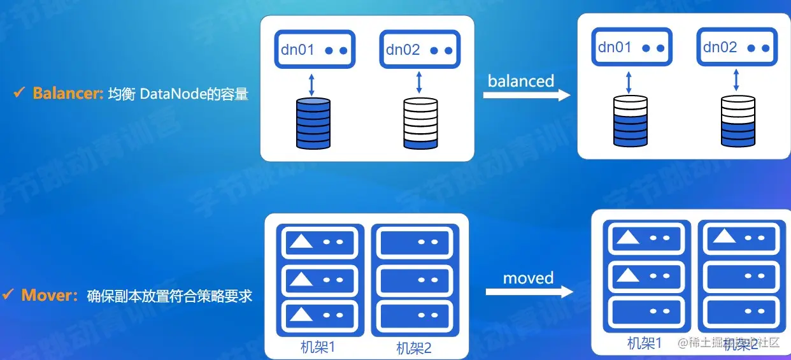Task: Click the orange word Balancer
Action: (68, 94)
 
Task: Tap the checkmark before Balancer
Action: (19, 94)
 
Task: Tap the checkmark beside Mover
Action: (8, 295)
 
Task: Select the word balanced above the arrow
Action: (521, 81)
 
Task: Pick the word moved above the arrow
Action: (528, 278)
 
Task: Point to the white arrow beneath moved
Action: (529, 292)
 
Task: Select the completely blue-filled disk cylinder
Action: (313, 123)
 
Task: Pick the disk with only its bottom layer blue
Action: (420, 123)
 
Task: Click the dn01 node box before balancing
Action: (315, 50)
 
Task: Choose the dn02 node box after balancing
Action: (737, 47)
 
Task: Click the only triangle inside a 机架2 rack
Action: (725, 237)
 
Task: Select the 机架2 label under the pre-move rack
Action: (414, 348)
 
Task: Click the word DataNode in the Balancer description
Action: (167, 94)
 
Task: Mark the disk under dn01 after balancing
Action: (631, 120)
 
